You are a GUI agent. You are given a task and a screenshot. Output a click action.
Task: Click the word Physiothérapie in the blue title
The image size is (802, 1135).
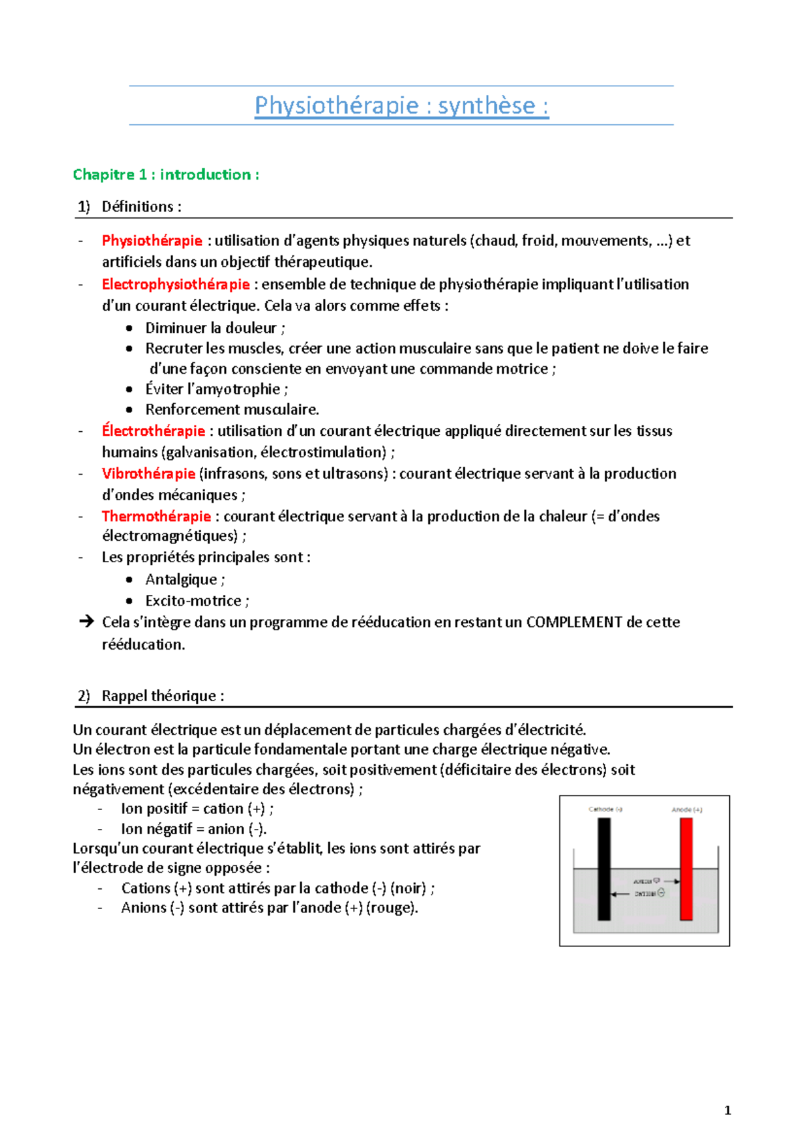(336, 106)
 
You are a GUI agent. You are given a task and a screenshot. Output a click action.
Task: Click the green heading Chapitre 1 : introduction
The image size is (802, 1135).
(165, 174)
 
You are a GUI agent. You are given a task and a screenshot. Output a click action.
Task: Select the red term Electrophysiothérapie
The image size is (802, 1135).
(176, 284)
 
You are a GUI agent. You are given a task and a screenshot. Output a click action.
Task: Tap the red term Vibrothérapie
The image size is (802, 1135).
(148, 474)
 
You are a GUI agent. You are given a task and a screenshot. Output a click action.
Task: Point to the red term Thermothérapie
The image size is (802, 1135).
(156, 516)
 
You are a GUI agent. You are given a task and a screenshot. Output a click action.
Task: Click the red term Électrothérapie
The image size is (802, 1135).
(153, 431)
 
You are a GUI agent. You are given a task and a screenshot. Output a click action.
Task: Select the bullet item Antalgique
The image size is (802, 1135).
(181, 580)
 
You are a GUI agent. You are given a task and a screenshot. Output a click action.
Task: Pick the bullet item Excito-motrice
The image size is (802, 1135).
(193, 601)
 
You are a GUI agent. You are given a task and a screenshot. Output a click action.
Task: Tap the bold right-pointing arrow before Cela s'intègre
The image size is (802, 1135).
(86, 622)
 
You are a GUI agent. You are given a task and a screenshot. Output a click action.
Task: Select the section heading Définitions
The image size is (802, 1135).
(138, 207)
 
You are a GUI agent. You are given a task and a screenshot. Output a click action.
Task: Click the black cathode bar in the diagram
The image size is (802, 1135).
(604, 869)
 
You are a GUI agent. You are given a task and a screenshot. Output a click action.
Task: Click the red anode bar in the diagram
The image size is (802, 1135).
(686, 869)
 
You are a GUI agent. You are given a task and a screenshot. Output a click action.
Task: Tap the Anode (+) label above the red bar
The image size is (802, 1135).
(686, 809)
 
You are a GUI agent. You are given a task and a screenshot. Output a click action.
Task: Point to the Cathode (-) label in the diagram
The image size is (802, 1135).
(606, 809)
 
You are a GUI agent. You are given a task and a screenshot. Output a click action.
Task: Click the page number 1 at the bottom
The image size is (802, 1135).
(728, 1110)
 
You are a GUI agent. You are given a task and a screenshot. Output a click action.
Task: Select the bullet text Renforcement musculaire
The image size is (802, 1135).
(232, 410)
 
